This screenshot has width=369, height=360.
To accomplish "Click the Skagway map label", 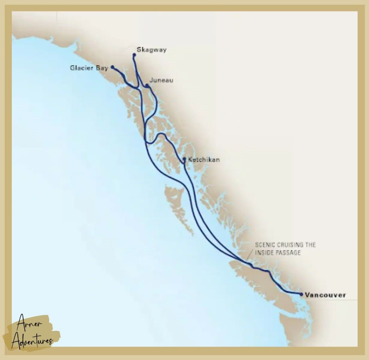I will point(151,50).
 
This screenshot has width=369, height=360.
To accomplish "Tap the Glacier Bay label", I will point(89,68).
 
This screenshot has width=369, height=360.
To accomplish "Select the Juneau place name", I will point(162,80).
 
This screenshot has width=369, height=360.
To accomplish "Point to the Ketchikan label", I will point(204,160).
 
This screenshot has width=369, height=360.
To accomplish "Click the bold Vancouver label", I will point(325,295).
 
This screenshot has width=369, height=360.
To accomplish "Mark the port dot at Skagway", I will point(134,55).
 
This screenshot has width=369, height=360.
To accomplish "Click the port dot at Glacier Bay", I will point(112,67).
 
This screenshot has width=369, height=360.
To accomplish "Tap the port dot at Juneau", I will point(147,85).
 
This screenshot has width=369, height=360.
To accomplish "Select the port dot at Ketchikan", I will point(184,159).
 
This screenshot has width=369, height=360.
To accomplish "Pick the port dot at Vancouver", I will point(301,294).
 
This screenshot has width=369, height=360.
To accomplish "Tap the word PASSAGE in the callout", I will point(288,253).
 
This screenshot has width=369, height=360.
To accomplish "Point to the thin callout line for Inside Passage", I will point(248,254).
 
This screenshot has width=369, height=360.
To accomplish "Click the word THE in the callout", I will point(311,245).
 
